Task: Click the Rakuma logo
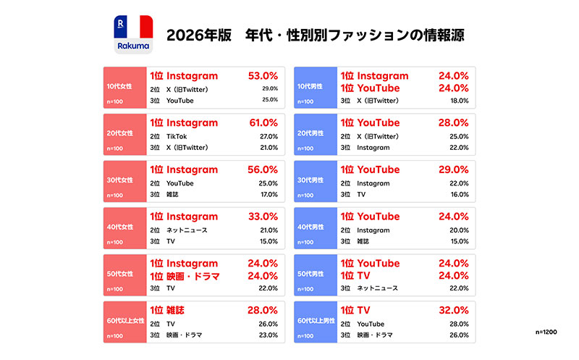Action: [133, 34]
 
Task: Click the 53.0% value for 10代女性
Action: [263, 76]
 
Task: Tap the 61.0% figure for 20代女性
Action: [263, 122]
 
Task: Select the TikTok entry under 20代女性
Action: [177, 136]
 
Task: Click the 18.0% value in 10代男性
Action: [460, 101]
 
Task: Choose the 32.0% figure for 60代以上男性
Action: [454, 310]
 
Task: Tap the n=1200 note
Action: [546, 332]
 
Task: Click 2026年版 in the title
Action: [198, 35]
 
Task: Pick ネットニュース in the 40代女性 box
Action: [187, 230]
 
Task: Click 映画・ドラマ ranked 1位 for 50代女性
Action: [193, 276]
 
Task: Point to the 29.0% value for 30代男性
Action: [454, 169]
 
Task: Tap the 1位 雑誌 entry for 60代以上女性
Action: [167, 310]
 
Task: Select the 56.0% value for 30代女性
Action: [263, 169]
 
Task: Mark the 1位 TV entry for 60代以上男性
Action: [355, 310]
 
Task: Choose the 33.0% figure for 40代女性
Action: [263, 217]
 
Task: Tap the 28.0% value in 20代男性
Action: [454, 122]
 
